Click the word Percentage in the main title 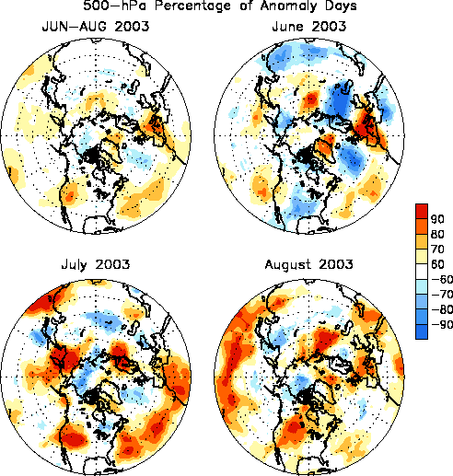pos(192,6)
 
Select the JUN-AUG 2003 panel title pos(96,27)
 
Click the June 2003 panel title pos(309,27)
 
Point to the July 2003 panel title pos(96,264)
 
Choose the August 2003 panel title pos(308,264)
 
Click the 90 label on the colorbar pos(437,219)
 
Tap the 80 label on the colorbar pos(437,234)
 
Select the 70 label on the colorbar pos(437,250)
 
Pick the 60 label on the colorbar pos(437,264)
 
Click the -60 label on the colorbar pos(442,279)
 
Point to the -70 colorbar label pos(442,295)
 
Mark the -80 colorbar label pos(442,309)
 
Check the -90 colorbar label pos(442,324)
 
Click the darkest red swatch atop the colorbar pos(422,211)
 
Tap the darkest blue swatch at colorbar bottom pos(422,331)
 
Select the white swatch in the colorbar pos(422,272)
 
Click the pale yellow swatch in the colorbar pos(422,256)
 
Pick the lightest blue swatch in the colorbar pos(422,286)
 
